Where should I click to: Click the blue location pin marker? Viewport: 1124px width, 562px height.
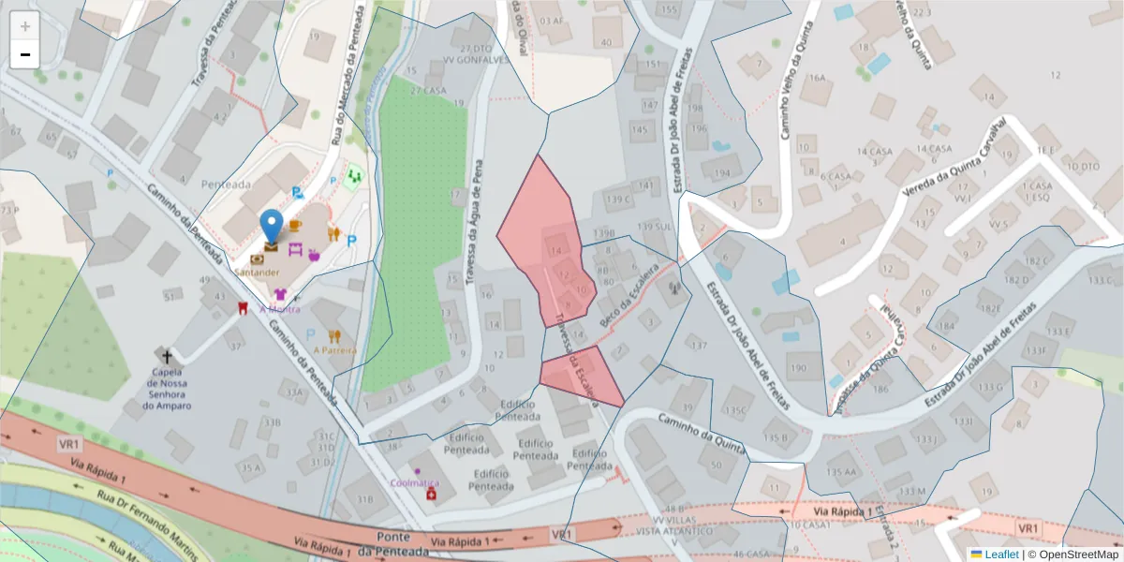(272, 226)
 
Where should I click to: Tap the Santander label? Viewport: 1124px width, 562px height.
(258, 272)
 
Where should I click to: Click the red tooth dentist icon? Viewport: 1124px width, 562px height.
(244, 307)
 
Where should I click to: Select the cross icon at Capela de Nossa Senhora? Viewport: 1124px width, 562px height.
(168, 356)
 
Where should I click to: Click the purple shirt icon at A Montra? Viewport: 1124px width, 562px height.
(280, 294)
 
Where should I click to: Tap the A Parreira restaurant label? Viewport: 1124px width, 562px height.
(335, 350)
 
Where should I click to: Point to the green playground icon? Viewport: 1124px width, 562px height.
(353, 175)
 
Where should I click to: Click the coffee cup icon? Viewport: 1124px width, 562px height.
(295, 226)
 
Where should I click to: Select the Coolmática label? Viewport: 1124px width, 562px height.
(414, 482)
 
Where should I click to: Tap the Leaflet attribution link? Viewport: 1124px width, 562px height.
(1001, 554)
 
